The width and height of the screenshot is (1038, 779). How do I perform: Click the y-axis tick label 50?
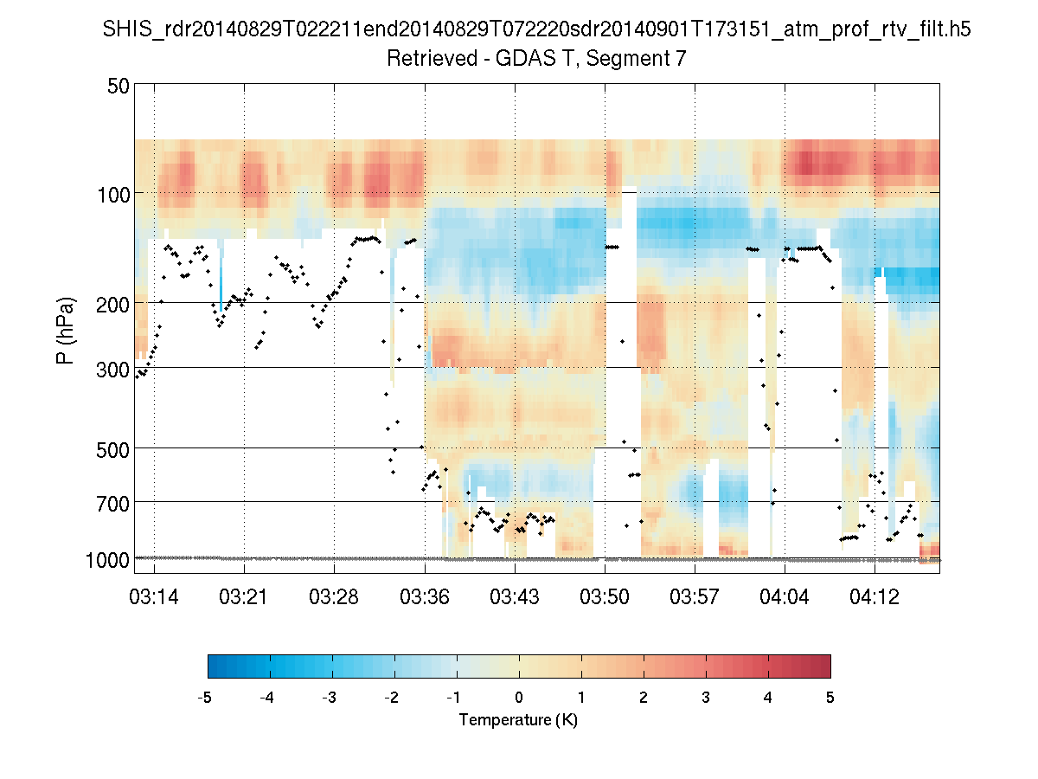[x=119, y=86]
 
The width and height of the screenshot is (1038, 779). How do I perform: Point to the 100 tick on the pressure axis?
[x=113, y=195]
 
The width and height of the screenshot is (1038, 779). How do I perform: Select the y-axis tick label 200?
[x=112, y=305]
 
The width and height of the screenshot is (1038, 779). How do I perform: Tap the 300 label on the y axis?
[x=112, y=370]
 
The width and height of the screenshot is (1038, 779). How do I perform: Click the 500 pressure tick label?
[x=112, y=450]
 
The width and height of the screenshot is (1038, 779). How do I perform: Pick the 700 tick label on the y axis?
[x=112, y=505]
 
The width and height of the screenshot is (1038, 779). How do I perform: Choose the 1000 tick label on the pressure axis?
[x=107, y=561]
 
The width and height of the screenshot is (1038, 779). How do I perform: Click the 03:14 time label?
[x=154, y=597]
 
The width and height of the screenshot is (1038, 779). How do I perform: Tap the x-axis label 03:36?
[x=424, y=597]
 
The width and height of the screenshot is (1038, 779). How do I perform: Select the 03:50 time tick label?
[x=605, y=597]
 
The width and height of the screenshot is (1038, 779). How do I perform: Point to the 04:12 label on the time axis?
[x=875, y=597]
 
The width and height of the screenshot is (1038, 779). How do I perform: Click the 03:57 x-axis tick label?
[x=695, y=597]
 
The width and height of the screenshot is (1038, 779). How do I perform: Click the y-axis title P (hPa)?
[x=65, y=331]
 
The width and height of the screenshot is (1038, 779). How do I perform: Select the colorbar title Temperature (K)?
[x=518, y=720]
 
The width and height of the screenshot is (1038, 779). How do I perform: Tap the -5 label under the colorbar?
[x=204, y=698]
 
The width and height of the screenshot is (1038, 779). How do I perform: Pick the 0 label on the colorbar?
[x=519, y=698]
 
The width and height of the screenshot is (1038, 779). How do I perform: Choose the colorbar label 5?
[x=830, y=698]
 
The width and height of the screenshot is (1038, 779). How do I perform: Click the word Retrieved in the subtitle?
[x=432, y=59]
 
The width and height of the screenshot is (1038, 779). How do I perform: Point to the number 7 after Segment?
[x=681, y=59]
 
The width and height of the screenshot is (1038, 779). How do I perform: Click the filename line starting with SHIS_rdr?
[x=537, y=29]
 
